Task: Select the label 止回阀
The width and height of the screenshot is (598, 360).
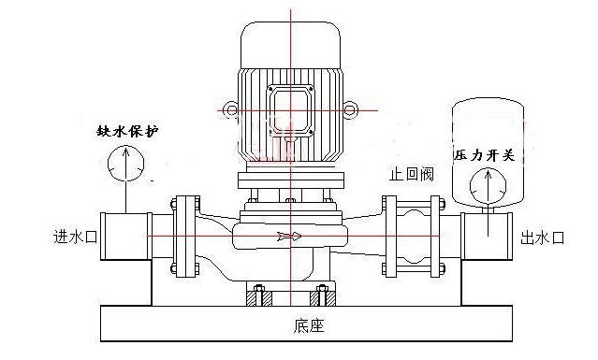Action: click(411, 175)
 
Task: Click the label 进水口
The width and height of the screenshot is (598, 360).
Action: click(74, 237)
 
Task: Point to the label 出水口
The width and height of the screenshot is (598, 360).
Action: click(543, 238)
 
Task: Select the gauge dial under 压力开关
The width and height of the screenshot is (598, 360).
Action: click(484, 187)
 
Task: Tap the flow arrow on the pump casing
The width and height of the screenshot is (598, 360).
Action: click(290, 237)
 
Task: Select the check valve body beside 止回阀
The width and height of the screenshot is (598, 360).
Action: click(412, 237)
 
